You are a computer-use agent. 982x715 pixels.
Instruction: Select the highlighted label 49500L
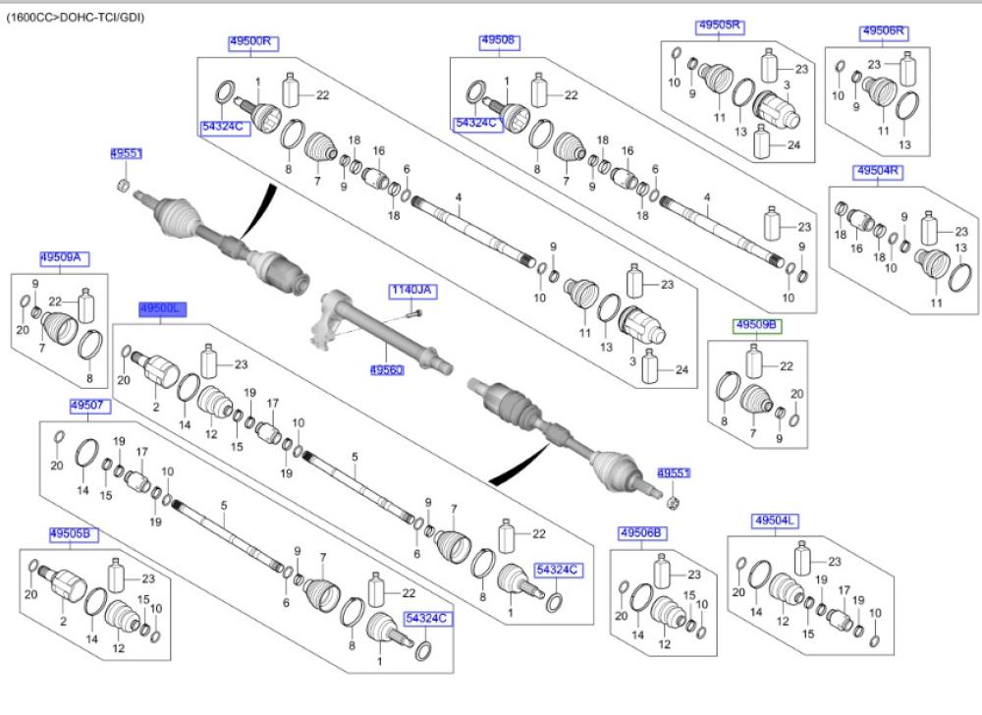tap(161, 309)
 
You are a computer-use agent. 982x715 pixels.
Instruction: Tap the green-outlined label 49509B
tap(757, 325)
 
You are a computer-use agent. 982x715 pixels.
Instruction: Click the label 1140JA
tap(411, 291)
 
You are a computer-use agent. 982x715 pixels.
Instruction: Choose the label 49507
tap(88, 406)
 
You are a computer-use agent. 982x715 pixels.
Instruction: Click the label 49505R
tap(719, 27)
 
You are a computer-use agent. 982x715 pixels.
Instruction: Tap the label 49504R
tap(879, 171)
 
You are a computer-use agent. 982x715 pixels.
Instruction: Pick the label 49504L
tap(776, 520)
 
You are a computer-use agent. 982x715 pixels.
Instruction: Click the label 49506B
tap(642, 533)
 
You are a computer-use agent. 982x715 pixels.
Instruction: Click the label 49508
tap(499, 41)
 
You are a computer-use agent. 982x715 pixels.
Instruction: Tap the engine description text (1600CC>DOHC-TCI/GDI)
tap(75, 17)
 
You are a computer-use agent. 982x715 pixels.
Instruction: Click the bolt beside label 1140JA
tap(412, 313)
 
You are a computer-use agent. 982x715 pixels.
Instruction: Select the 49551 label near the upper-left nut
tap(126, 154)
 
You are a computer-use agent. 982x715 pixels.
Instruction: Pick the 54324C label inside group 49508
tap(476, 124)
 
